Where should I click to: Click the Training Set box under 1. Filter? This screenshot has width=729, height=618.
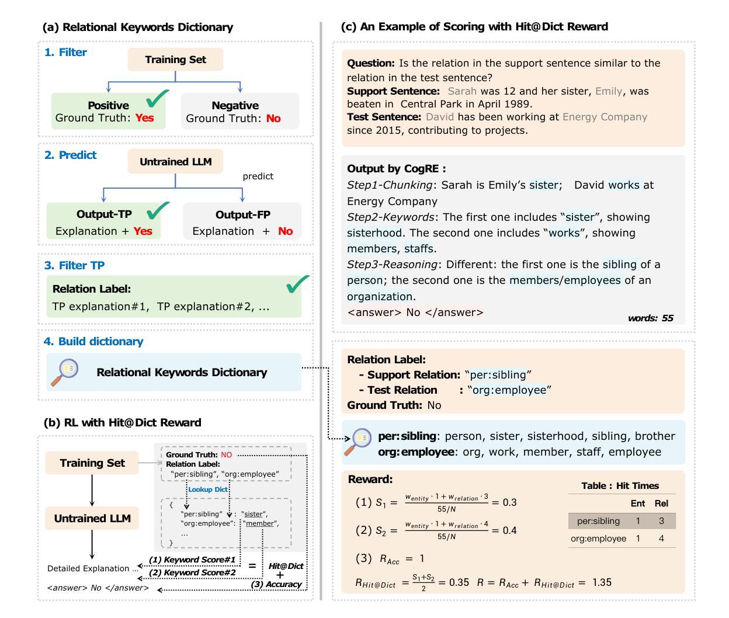175,60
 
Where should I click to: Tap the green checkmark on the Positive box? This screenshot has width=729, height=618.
157,99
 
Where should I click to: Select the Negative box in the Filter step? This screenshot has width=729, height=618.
240,111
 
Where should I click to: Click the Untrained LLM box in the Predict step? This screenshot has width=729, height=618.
175,162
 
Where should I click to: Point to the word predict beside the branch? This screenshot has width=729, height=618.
258,176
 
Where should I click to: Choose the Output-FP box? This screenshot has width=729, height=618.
242,221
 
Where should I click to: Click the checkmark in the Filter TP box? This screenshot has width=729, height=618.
297,284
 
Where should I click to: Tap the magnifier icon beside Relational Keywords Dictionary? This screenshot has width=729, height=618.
64,372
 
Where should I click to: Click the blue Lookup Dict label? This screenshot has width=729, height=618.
208,489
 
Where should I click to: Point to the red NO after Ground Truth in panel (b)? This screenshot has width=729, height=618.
226,455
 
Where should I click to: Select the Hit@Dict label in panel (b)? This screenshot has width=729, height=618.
286,566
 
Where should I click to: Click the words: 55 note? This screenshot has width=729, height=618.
650,318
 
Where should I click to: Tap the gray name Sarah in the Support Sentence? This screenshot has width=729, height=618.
462,91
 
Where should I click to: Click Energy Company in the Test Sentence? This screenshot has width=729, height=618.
605,117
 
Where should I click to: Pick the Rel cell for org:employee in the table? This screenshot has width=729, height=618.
661,539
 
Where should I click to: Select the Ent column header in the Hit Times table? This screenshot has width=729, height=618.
638,504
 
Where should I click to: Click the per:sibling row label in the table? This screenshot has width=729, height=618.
598,521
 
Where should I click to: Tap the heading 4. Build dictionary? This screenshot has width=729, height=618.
93,342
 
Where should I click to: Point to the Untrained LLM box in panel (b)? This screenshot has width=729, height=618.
92,519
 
